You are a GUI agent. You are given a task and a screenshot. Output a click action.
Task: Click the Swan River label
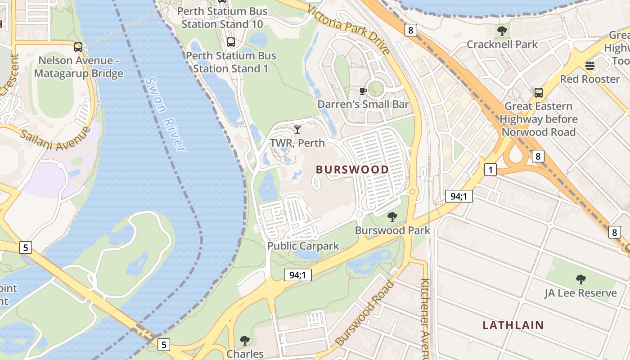coord(165,115)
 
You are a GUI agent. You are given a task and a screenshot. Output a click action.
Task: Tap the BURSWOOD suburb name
coord(352,170)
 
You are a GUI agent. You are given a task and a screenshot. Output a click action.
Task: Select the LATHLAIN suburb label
coord(513,325)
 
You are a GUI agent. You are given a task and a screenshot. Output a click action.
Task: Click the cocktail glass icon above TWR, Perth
coord(297,130)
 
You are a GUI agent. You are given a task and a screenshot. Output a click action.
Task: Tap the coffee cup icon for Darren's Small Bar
coord(363,91)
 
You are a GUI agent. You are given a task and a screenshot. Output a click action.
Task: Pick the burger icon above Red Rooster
coord(589,66)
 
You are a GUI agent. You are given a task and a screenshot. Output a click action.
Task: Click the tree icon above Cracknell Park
coord(502,31)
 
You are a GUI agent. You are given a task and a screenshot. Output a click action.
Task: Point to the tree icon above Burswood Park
coord(392,217)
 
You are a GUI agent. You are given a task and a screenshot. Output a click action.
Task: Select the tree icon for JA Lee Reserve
coord(580,279)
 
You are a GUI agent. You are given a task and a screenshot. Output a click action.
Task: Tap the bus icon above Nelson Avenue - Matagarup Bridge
coord(78,47)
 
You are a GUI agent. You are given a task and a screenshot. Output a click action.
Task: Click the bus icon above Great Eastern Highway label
coord(538,93)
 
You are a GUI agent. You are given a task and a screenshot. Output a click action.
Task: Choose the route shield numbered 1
coord(490,170)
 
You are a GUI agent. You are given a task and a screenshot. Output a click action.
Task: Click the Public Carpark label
coord(303,246)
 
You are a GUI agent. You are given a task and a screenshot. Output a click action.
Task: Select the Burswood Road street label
coord(364,313)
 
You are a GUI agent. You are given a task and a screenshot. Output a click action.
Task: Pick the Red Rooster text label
coord(589,79)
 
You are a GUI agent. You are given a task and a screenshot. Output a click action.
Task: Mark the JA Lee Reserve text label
coord(580,293)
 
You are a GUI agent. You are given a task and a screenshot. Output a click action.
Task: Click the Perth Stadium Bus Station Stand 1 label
coord(231,62)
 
